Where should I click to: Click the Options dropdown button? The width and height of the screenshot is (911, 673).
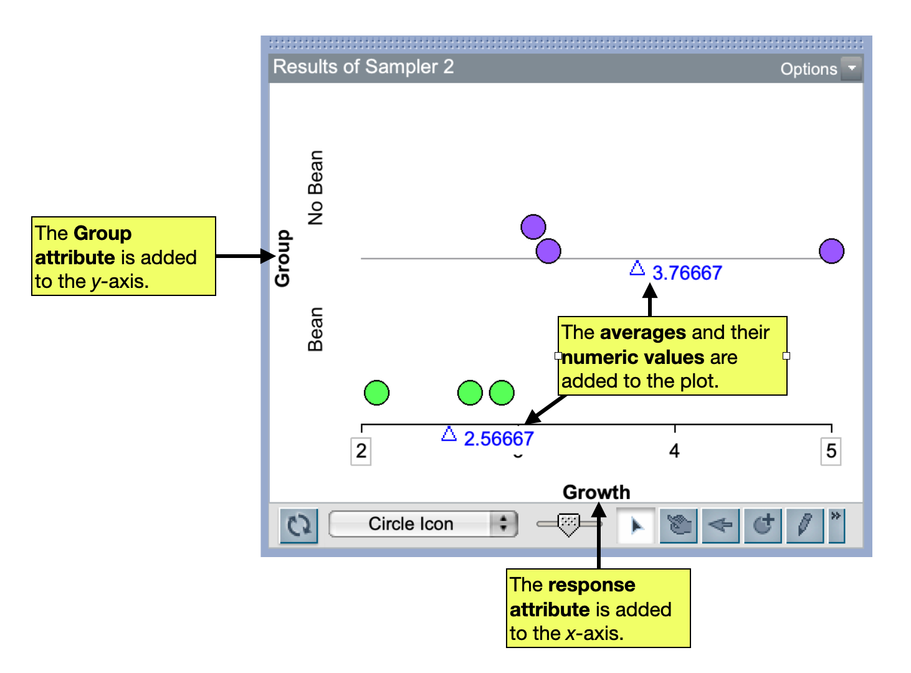[851, 69]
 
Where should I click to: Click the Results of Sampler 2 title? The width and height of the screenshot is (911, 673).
[363, 67]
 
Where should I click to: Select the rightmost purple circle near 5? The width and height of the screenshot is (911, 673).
[831, 251]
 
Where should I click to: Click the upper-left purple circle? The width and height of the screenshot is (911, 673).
[533, 227]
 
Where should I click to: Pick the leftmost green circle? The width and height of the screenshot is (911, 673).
[376, 393]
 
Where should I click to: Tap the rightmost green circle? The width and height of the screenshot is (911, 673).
[502, 393]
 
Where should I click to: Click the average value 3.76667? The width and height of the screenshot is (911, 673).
[687, 273]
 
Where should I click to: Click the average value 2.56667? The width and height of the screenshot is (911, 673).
[498, 439]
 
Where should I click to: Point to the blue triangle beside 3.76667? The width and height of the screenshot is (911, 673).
[637, 269]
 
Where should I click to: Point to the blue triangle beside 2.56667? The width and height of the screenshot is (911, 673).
[449, 434]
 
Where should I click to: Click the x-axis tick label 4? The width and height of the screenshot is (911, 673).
[674, 451]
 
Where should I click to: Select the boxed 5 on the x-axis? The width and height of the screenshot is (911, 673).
[831, 451]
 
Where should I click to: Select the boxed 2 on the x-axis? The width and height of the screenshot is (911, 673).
[361, 451]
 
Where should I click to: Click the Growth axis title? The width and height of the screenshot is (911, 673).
[596, 492]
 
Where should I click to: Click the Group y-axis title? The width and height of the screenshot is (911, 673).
[282, 258]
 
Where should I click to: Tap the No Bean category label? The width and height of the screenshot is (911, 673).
[316, 188]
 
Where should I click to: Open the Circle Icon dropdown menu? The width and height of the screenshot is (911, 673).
[423, 524]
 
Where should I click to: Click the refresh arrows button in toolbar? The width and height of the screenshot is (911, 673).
[299, 525]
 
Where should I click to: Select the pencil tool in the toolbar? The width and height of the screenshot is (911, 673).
[804, 525]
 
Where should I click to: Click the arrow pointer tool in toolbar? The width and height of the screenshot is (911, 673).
[636, 525]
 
